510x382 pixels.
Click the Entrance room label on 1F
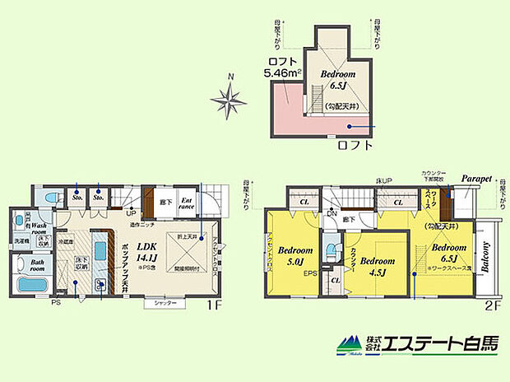coord(187,203)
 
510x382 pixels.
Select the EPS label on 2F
coord(311,273)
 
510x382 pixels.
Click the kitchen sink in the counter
coord(102,286)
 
